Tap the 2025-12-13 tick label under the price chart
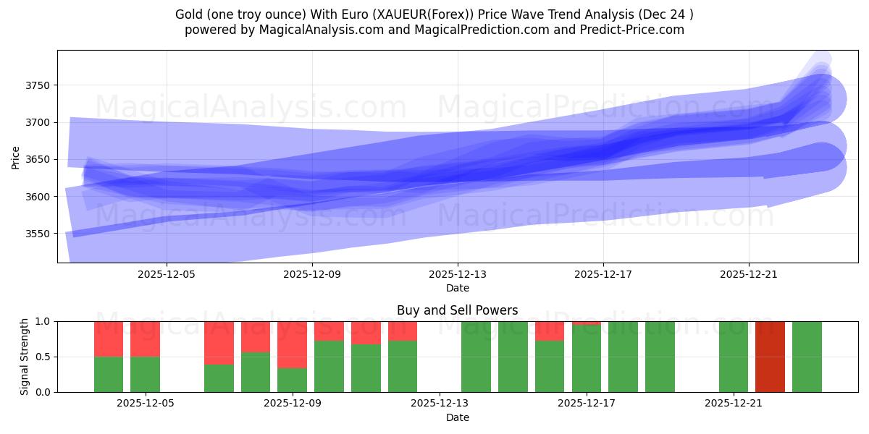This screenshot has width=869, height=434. (458, 275)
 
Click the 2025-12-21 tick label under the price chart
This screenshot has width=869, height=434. (748, 275)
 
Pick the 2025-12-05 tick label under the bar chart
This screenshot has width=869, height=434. (146, 404)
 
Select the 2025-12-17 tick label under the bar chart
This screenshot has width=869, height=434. (587, 404)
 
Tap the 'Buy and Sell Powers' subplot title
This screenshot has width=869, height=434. (458, 310)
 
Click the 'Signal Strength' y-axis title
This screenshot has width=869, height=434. (25, 356)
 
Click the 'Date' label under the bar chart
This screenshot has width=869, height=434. (458, 417)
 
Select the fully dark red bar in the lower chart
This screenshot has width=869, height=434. (770, 357)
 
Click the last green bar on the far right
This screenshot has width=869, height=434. (807, 357)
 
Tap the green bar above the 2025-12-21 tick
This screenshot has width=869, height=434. (734, 357)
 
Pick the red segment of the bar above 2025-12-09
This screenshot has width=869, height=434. (293, 344)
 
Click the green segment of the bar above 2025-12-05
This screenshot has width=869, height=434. (146, 374)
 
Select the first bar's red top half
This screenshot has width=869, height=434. (109, 339)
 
